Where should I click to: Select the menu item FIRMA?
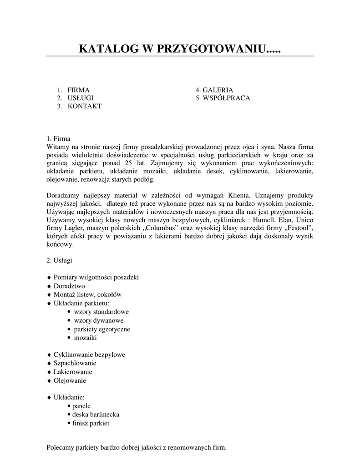(78, 90)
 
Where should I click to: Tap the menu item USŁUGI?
(81, 98)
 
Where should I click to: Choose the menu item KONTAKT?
(85, 106)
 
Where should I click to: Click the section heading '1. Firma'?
(59, 139)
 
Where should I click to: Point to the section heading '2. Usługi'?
(59, 261)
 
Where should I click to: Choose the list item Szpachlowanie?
(75, 363)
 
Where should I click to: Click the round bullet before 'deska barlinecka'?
(68, 415)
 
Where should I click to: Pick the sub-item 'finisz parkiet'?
(91, 423)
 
